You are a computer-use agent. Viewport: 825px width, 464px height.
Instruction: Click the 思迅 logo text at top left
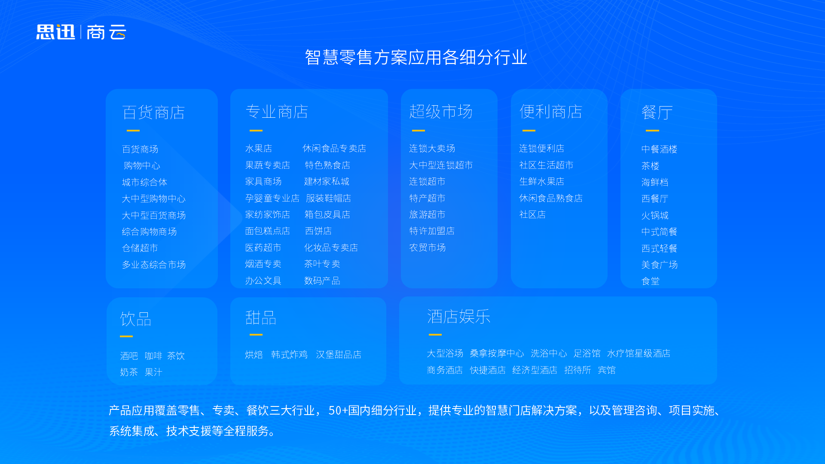tap(55, 32)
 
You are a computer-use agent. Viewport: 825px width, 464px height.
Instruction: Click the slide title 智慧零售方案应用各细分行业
tap(416, 57)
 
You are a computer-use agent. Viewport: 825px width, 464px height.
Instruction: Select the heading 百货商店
tap(153, 113)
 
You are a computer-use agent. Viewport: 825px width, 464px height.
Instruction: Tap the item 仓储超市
tap(140, 248)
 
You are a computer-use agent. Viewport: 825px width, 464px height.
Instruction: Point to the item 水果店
tap(259, 149)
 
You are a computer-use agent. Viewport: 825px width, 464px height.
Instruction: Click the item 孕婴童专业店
tap(272, 198)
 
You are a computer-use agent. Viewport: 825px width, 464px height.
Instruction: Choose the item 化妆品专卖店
tap(331, 248)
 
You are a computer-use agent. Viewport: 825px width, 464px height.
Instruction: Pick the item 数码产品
tap(322, 281)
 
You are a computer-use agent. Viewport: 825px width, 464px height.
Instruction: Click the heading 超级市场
tap(440, 112)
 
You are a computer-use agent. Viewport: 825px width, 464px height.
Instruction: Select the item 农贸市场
tap(428, 248)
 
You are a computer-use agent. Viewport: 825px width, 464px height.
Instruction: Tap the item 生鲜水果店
tap(541, 182)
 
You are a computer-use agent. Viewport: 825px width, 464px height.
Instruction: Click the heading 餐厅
tap(657, 113)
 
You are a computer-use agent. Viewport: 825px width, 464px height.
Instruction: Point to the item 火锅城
tap(655, 215)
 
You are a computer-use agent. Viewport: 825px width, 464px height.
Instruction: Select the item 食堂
tap(650, 281)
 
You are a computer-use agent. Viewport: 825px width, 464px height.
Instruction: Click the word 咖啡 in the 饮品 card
tap(153, 356)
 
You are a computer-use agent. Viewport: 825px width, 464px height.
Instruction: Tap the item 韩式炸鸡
tap(289, 355)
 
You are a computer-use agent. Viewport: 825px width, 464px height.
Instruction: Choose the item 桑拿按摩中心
tap(497, 354)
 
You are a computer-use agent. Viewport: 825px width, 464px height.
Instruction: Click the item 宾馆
tap(607, 370)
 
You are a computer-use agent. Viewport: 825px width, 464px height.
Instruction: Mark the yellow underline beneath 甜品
tap(256, 335)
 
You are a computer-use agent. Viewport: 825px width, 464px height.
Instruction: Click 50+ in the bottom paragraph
tap(338, 411)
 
